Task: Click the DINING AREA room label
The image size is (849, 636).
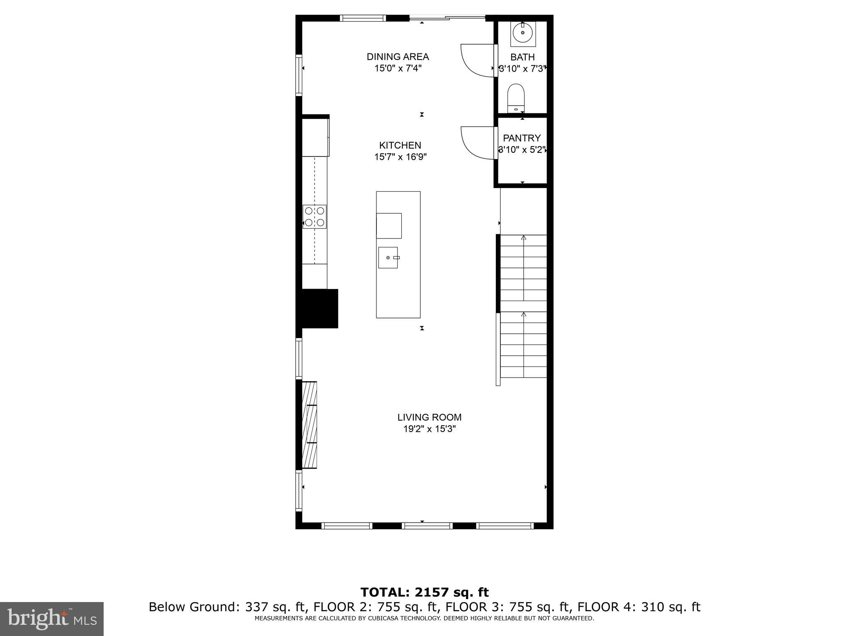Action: click(x=398, y=57)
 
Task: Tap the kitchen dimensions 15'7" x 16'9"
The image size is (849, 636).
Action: click(x=400, y=157)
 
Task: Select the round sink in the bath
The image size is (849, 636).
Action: click(x=523, y=32)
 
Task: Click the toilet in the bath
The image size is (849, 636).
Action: click(x=516, y=98)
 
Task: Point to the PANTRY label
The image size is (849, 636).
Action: click(x=522, y=138)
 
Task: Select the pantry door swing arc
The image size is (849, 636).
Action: click(x=477, y=143)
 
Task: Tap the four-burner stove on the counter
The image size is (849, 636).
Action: click(x=314, y=217)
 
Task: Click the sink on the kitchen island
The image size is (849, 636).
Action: click(x=388, y=258)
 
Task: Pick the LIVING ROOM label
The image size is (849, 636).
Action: click(x=429, y=417)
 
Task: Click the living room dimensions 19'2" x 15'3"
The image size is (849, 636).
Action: click(x=429, y=429)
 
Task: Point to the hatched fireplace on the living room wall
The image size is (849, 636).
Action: click(x=309, y=425)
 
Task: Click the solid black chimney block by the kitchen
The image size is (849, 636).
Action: click(x=319, y=308)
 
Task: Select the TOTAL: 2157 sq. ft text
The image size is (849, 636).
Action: click(x=424, y=592)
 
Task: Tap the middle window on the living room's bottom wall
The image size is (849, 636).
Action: click(x=427, y=526)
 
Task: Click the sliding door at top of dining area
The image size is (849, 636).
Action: click(x=447, y=18)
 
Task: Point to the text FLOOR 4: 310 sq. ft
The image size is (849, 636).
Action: click(x=639, y=607)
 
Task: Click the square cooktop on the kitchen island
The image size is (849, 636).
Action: click(x=389, y=226)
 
